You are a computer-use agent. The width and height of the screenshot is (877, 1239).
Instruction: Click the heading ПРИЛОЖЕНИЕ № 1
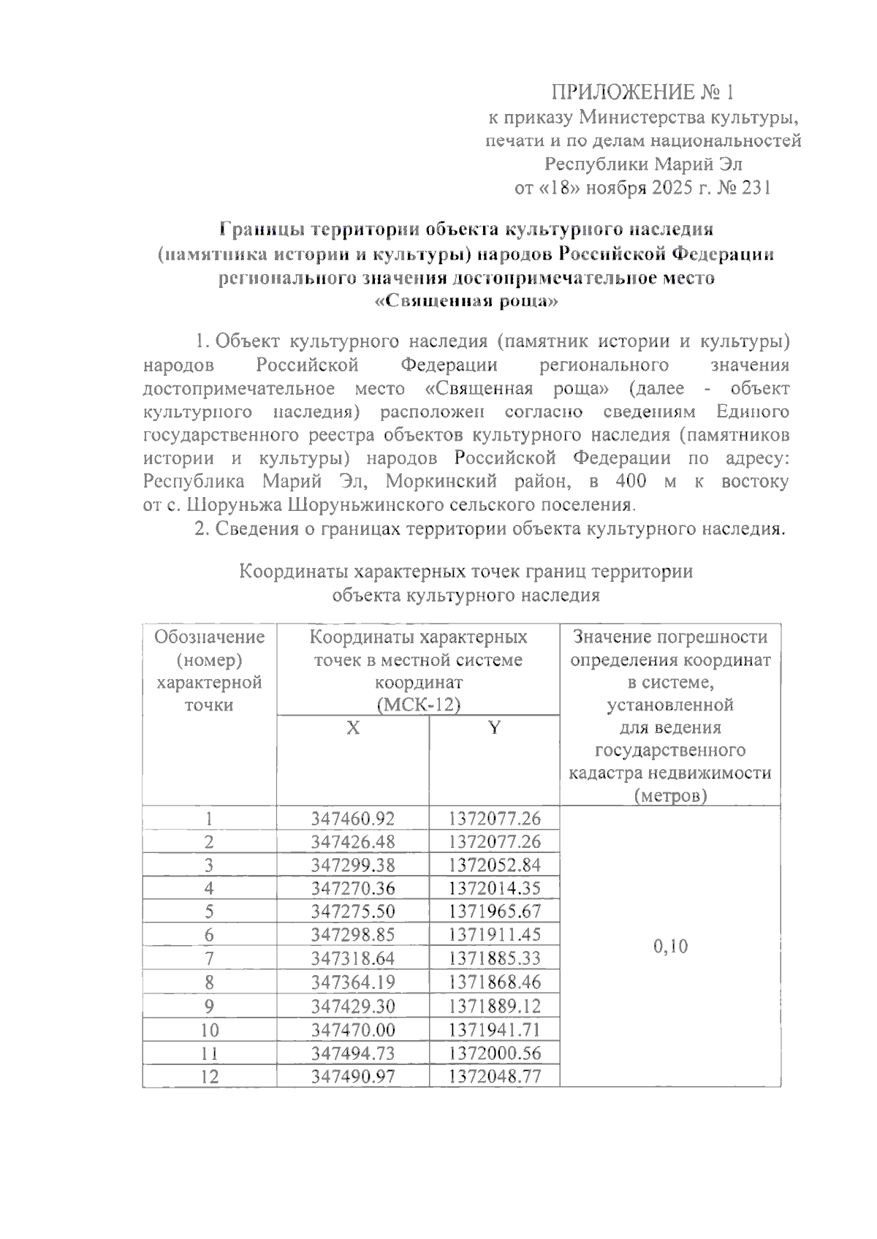(x=641, y=93)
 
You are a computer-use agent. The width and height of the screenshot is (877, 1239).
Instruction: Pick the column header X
(x=353, y=728)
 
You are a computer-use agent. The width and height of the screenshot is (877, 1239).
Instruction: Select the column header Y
(x=495, y=728)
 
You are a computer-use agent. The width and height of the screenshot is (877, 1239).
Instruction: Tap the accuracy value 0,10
(x=670, y=947)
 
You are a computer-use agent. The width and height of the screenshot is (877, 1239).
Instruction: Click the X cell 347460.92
(x=353, y=818)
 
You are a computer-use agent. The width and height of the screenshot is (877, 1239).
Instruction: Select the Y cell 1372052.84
(x=495, y=865)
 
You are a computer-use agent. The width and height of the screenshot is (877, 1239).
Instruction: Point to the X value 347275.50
(x=353, y=912)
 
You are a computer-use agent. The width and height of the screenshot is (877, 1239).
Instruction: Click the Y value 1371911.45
(x=495, y=935)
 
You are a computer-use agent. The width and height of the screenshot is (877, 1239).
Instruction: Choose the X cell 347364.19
(x=353, y=982)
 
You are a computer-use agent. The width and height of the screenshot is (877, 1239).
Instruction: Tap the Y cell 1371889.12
(x=495, y=1005)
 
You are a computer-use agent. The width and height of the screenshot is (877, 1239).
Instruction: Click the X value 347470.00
(x=353, y=1029)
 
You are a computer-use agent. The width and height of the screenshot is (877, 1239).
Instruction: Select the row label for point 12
(x=209, y=1076)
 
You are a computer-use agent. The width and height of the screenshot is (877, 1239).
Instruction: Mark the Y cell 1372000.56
(x=495, y=1053)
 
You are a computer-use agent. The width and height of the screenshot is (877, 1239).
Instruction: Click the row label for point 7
(x=209, y=958)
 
